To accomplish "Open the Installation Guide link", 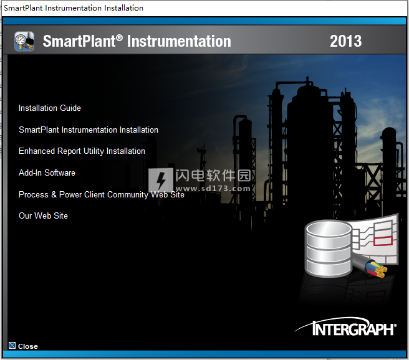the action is click(x=49, y=108).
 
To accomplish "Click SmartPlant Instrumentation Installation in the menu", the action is click(x=89, y=130).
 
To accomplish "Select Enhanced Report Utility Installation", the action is click(x=82, y=151).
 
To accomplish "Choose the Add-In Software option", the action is click(x=47, y=173).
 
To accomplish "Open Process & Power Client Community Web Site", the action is click(x=102, y=194).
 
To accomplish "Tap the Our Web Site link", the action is click(x=43, y=216).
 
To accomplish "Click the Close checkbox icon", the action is click(x=12, y=346).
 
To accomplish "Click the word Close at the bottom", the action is click(x=28, y=346).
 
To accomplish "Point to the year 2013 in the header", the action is click(x=345, y=41).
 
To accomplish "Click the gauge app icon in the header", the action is click(x=24, y=41).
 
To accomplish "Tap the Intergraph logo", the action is click(x=346, y=326).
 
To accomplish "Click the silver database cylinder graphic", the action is click(x=328, y=249).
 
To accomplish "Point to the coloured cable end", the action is click(x=375, y=268).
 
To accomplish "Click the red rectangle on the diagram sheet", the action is click(x=383, y=240).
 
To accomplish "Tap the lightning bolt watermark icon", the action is click(x=161, y=180).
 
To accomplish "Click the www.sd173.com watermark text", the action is click(x=213, y=188).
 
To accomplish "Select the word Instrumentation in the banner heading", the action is click(x=179, y=41).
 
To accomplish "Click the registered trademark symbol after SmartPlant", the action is click(x=119, y=38).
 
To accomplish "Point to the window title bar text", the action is click(x=74, y=8).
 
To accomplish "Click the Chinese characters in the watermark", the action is click(x=213, y=175).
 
